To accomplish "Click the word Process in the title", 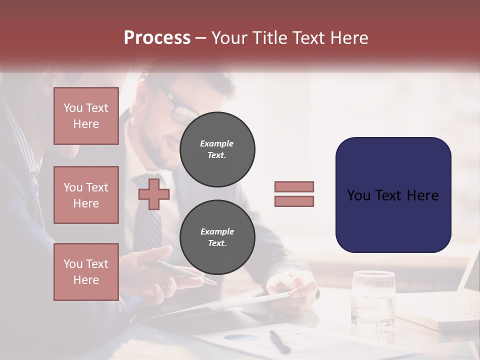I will click(x=157, y=38).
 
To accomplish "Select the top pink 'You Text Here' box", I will click(x=86, y=116).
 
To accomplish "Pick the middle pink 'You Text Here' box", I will click(x=86, y=195).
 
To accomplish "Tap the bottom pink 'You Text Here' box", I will click(x=86, y=272).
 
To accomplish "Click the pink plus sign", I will click(x=154, y=194).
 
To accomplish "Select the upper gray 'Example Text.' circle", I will click(x=217, y=149).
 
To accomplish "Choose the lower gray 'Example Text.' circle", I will click(x=217, y=237).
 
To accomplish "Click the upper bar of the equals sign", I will click(x=294, y=186).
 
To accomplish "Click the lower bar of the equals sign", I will click(x=294, y=201).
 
